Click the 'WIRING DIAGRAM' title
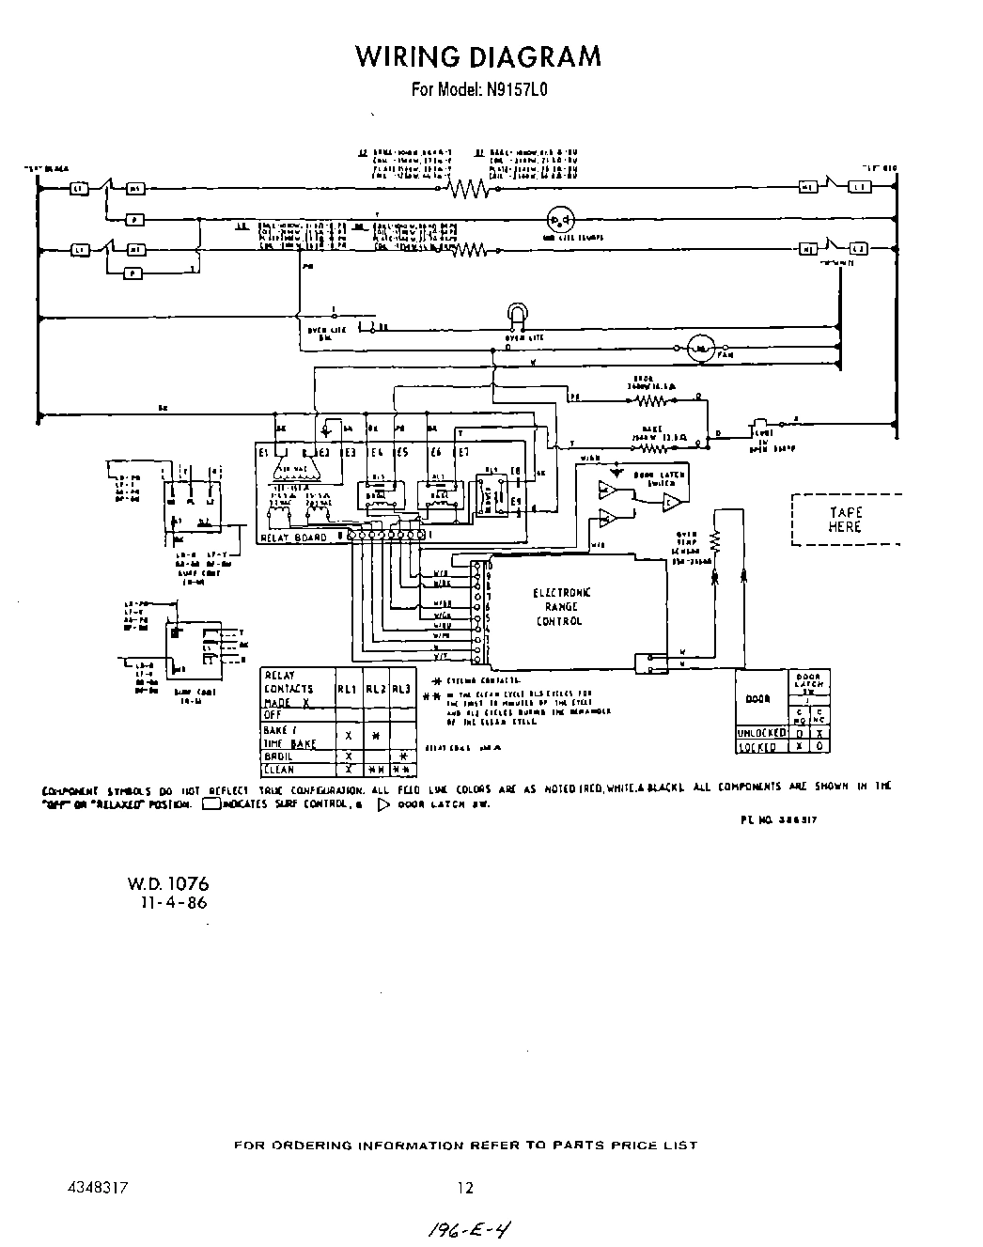tap(477, 57)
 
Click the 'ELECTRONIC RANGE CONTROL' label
tap(562, 607)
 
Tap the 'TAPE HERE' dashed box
tap(845, 520)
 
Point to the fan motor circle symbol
tap(699, 349)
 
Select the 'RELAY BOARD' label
tap(294, 538)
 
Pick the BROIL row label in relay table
tap(278, 756)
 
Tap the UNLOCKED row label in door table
tap(760, 733)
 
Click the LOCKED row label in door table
tap(758, 747)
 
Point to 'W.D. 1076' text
tap(168, 884)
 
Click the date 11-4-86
tap(173, 903)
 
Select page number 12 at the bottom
tap(465, 1188)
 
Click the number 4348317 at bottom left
tap(98, 1188)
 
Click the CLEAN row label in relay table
tap(280, 770)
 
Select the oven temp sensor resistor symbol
tap(714, 541)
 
